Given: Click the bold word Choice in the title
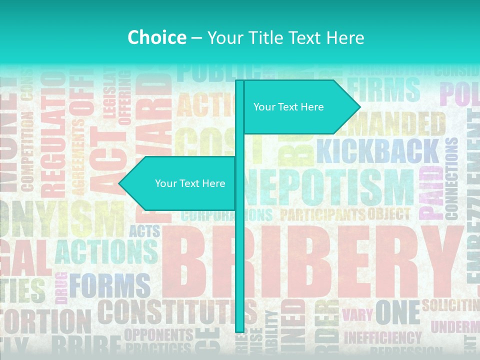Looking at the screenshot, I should pos(156,37).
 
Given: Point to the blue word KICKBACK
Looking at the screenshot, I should pos(377,151).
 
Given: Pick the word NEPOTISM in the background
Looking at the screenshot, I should pos(330,190).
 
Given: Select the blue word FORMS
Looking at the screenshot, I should pos(109,286).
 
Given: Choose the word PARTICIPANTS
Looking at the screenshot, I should pos(322,215).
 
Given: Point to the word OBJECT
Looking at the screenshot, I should pos(388,214).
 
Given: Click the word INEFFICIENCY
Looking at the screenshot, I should pos(382,338).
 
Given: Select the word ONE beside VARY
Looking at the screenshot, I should pos(397,312).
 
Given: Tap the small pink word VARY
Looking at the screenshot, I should pos(357,315).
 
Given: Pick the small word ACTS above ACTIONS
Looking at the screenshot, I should pos(144,231).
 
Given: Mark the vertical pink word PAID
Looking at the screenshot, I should pos(429,192).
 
